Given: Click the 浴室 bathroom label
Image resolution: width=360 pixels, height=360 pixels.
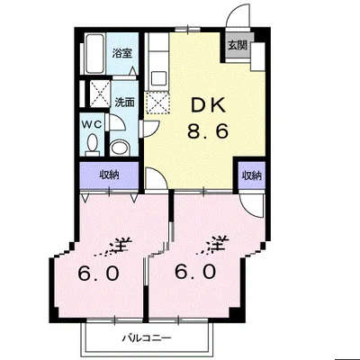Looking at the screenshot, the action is coord(122,54).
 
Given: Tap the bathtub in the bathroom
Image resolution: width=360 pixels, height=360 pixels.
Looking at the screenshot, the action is coord(94,54).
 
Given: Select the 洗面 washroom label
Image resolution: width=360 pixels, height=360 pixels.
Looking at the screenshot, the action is coord(124,103).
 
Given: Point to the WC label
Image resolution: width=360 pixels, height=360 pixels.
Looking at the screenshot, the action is coord(92,124).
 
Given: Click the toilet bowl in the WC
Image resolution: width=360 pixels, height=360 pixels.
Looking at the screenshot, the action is coord(92,143).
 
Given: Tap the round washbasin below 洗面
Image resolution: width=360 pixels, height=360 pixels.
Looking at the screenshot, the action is coord(120,148).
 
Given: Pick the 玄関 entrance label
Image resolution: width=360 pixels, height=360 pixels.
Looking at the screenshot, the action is coord(238,45).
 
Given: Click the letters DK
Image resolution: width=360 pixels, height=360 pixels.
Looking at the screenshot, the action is coord(208,105).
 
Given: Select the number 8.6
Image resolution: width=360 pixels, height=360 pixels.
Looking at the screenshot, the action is coord(208,130).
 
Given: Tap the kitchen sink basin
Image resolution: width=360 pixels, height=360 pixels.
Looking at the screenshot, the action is coord(158,78).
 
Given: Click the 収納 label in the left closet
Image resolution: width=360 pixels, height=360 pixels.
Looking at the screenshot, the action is coord(109,175).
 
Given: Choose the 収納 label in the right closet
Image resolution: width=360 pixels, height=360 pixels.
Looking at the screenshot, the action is coord(252,175).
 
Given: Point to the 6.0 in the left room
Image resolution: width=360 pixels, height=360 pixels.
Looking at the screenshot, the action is coord(98,273).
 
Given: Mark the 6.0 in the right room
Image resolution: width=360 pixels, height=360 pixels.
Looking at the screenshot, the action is coord(195,272).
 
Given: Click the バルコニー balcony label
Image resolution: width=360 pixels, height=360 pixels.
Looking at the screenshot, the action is coord(147,338).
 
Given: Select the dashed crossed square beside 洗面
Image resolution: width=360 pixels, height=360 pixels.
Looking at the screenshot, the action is coord(100,94).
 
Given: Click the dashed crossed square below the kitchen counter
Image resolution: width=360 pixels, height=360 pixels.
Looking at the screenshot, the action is coord(157,103).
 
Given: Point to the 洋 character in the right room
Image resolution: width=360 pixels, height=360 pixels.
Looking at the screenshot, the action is coord(219,245).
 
